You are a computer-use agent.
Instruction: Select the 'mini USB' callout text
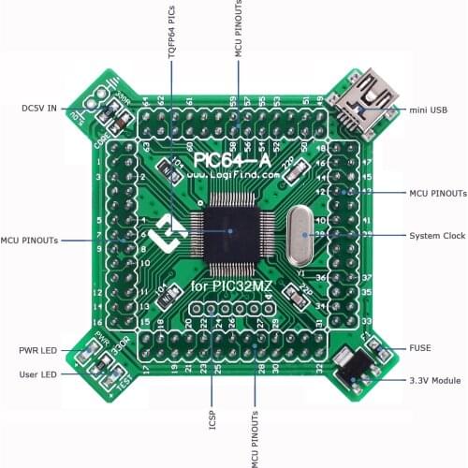tap(428, 110)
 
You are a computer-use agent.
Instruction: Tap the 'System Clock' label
tap(438, 235)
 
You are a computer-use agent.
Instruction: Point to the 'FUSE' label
tap(419, 348)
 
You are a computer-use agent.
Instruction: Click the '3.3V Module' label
tap(433, 381)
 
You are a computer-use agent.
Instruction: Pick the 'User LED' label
tap(38, 374)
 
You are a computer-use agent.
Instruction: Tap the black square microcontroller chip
tap(228, 228)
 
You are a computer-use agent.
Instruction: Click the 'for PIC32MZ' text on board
tap(227, 285)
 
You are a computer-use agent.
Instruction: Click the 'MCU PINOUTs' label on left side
tap(30, 241)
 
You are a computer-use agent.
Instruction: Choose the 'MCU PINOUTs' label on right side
tap(438, 192)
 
